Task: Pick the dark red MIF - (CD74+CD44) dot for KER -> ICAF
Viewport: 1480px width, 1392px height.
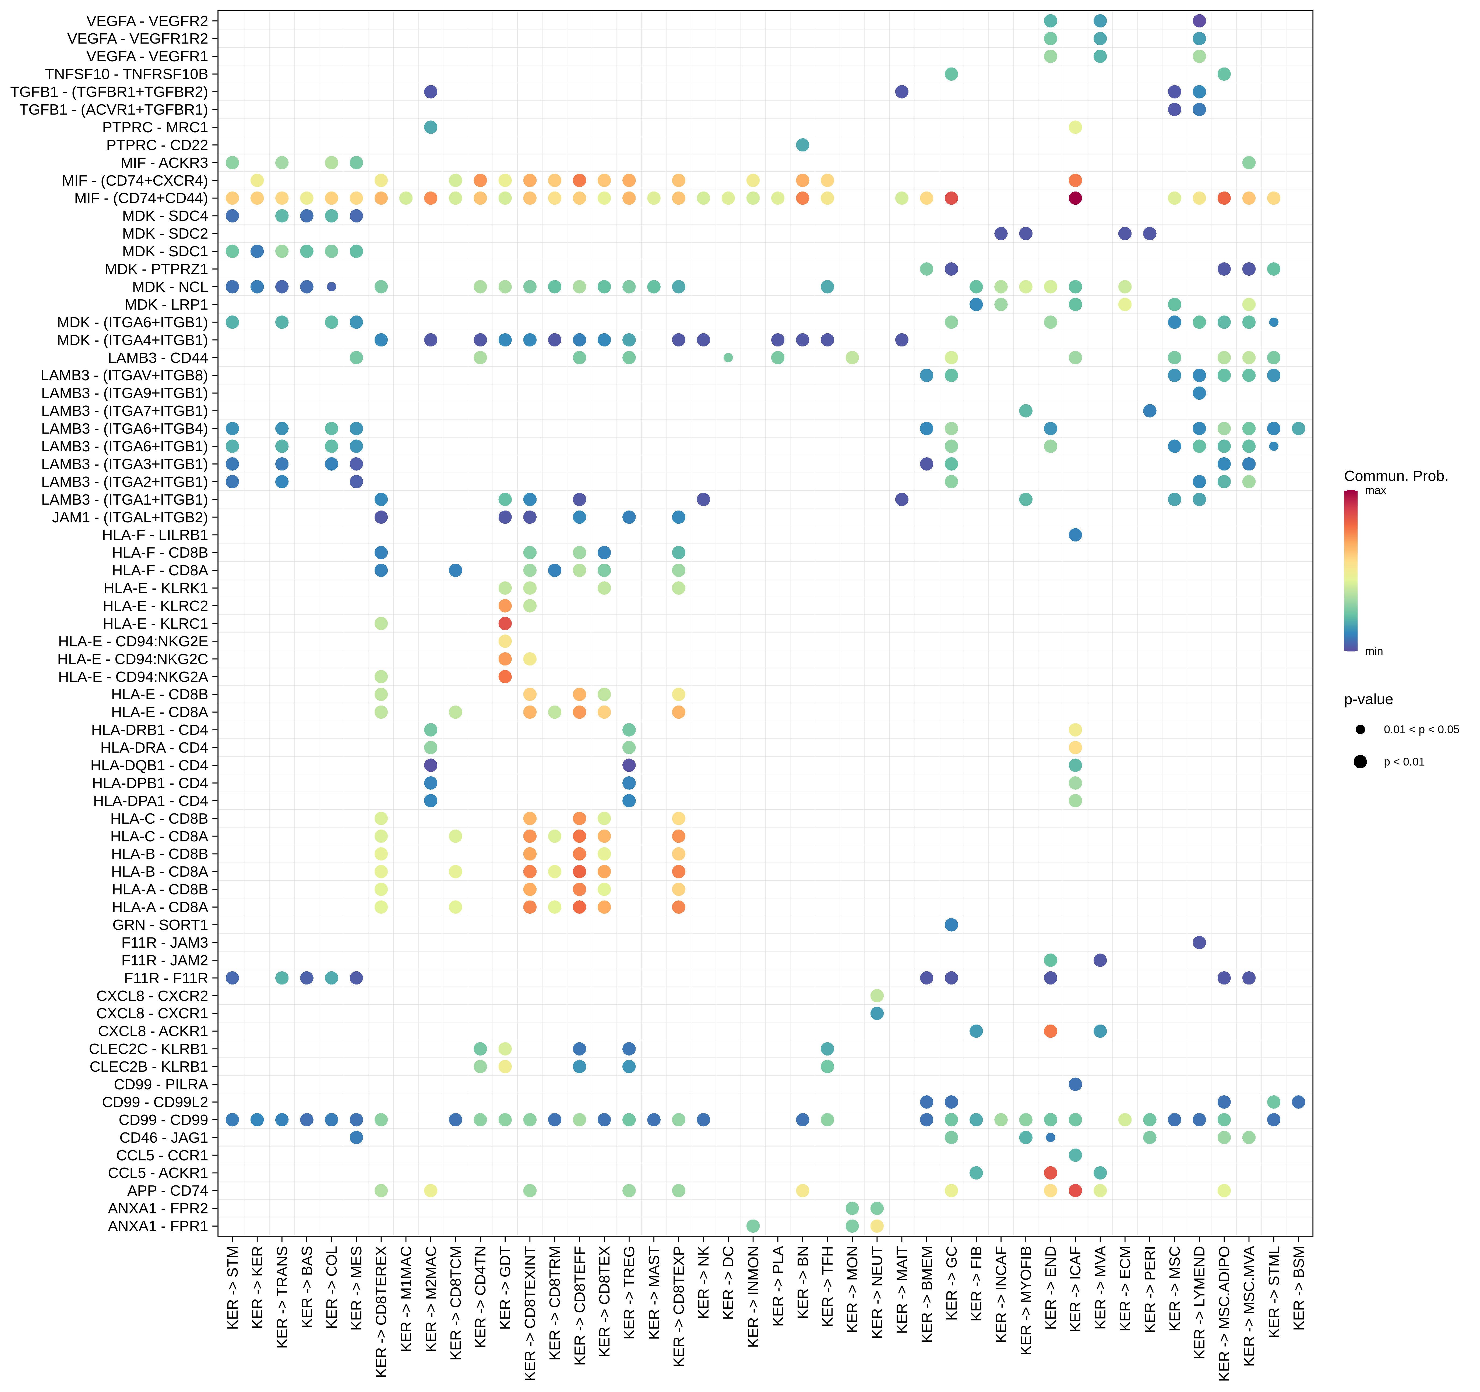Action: (x=1075, y=198)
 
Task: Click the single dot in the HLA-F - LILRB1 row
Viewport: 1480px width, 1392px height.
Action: (x=1075, y=535)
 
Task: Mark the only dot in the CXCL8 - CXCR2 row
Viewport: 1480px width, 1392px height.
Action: (x=877, y=996)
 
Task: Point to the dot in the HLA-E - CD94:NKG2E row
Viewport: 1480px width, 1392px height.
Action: (x=505, y=641)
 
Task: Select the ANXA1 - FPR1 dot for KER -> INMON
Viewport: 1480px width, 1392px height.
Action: (x=753, y=1226)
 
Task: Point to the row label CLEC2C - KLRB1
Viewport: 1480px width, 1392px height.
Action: (x=149, y=1049)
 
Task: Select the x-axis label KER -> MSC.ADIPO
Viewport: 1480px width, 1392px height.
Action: (x=1224, y=1313)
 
